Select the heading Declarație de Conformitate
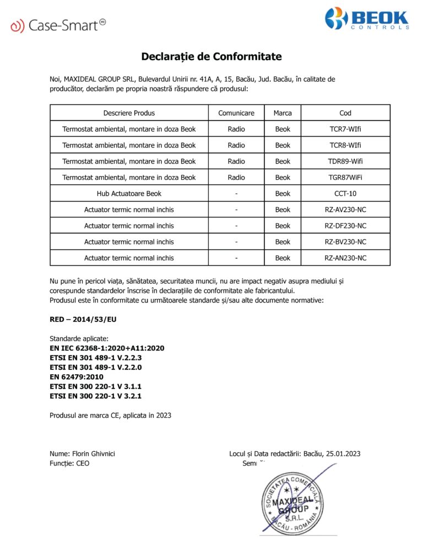coord(211,57)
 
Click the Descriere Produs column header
coord(129,113)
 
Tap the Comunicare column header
coord(236,113)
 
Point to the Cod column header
coord(345,113)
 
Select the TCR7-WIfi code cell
coord(345,129)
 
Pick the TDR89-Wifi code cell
coord(345,161)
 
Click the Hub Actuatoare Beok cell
coord(129,194)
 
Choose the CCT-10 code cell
coord(345,194)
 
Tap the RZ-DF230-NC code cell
coord(345,226)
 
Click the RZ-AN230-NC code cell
coord(345,258)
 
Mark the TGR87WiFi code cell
coord(345,178)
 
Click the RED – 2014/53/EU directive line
coord(83,319)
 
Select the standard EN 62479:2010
coord(77,376)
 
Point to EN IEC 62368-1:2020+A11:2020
coord(107,348)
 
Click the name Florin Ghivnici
coord(94,454)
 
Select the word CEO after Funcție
coord(82,463)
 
